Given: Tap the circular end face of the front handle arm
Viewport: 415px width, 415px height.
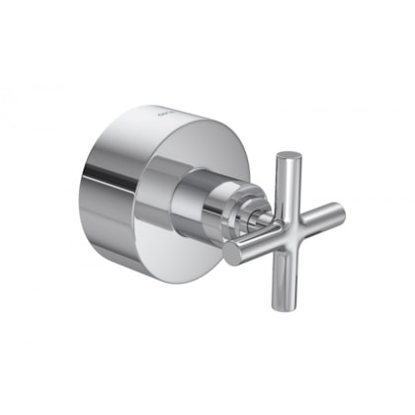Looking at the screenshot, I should [232, 253].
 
